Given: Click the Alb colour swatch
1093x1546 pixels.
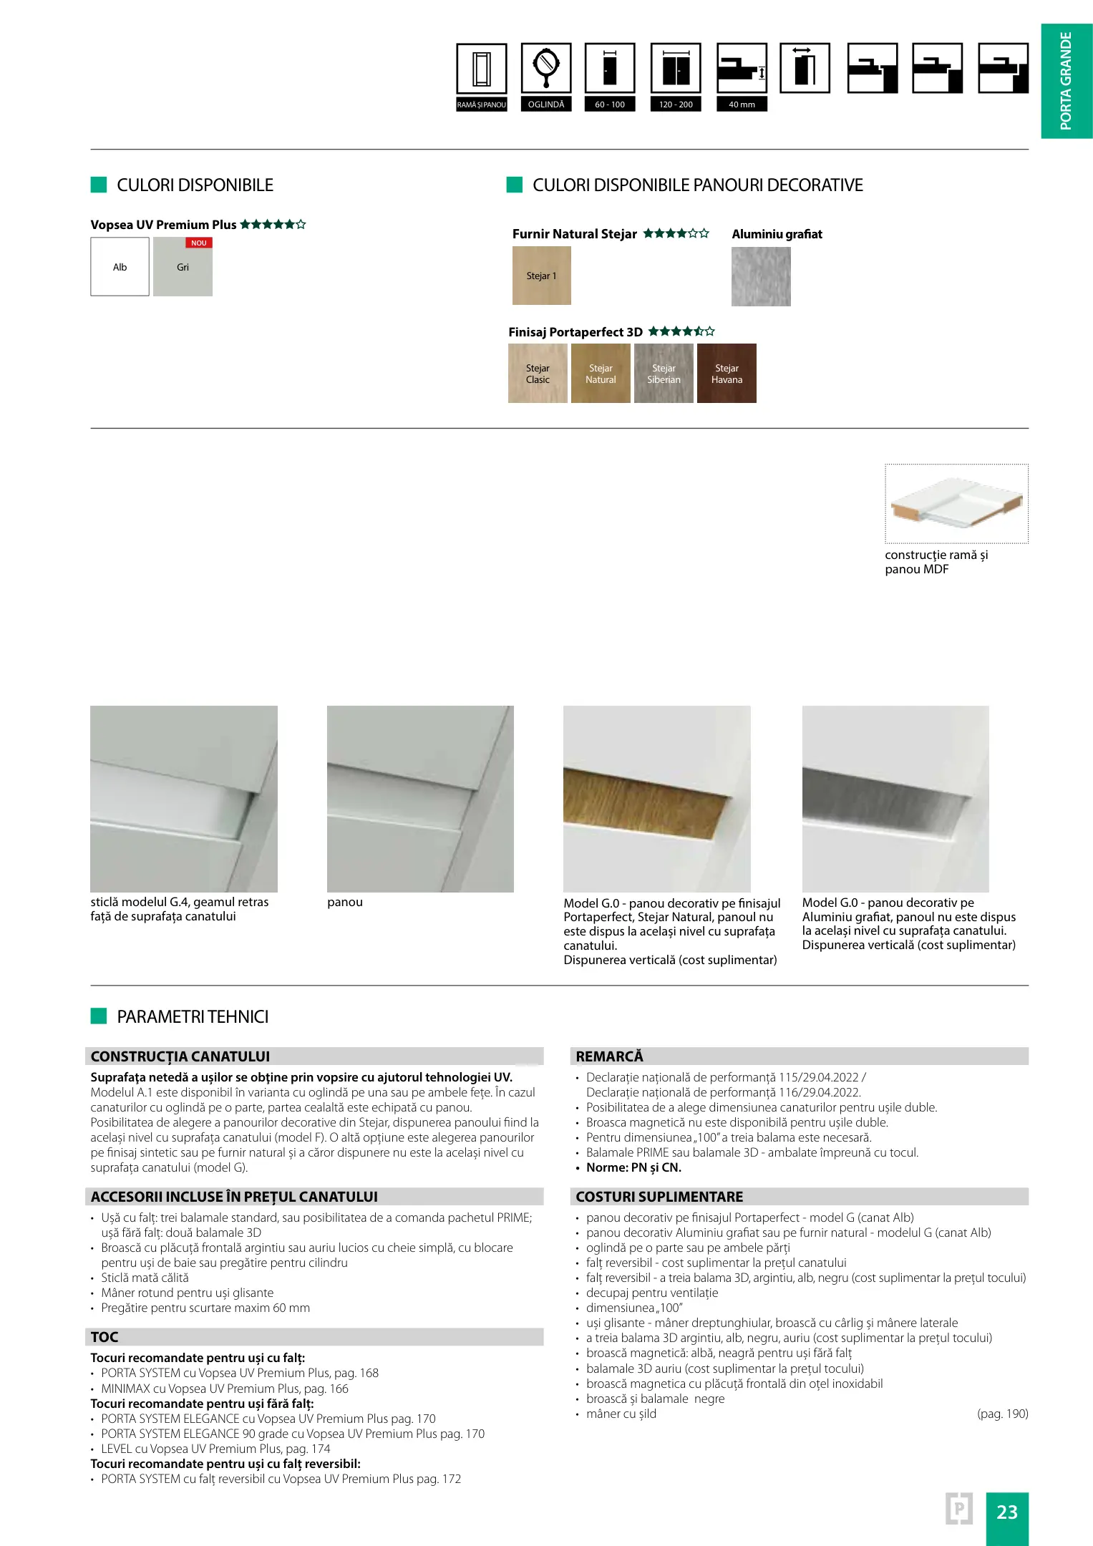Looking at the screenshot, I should coord(120,267).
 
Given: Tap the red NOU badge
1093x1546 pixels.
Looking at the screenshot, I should coord(198,243).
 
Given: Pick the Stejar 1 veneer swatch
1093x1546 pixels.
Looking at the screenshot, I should coord(541,276).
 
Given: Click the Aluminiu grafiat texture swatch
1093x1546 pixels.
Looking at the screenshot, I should coord(761,276).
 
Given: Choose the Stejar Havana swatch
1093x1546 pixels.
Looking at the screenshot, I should coord(727,374).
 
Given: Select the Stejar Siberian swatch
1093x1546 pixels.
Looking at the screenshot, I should coord(664,374).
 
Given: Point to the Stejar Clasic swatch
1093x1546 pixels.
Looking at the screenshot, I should coord(538,374).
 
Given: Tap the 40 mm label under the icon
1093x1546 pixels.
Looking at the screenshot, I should coord(742,104).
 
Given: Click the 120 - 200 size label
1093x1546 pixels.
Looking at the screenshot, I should coord(676,104).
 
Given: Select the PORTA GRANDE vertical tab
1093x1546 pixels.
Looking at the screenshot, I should coord(1066,81).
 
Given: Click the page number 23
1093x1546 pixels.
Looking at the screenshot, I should coord(1006,1512).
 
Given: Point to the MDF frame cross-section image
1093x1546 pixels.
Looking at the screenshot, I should coord(956,503).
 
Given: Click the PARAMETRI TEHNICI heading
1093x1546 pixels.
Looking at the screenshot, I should coord(193,1016).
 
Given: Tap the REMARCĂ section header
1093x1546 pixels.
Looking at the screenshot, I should coord(609,1056).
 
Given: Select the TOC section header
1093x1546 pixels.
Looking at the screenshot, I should coord(105,1337).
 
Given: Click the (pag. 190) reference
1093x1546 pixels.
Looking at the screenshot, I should coord(1002,1414).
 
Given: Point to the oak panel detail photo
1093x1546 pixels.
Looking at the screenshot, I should coord(656,799).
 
